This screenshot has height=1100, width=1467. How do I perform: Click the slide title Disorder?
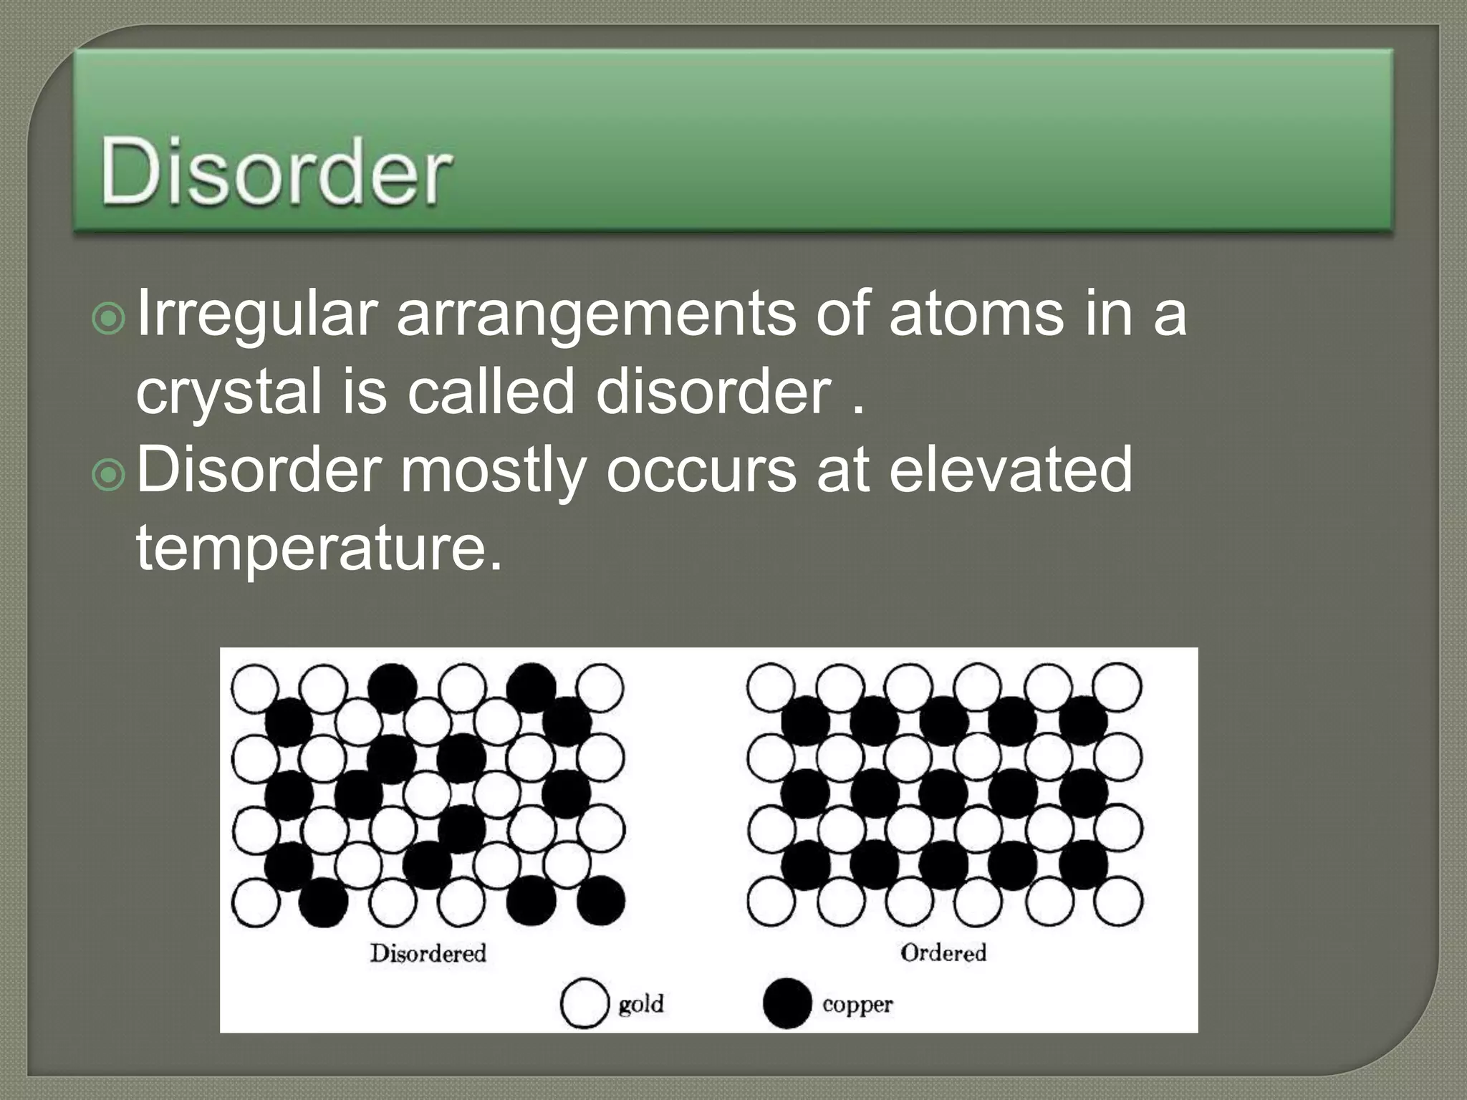(x=276, y=172)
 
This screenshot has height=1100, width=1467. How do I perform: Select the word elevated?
(x=1010, y=470)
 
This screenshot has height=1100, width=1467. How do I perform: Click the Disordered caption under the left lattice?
(x=428, y=953)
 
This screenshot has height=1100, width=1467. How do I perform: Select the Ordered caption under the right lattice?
(x=943, y=952)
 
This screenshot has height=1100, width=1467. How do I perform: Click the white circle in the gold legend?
(x=584, y=1003)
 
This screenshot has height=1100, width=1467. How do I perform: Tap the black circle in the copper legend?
(x=787, y=1003)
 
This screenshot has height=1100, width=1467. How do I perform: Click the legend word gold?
(x=641, y=1004)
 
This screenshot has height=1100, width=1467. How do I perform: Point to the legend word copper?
(x=857, y=1004)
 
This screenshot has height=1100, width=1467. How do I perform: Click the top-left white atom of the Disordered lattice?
(x=255, y=687)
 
